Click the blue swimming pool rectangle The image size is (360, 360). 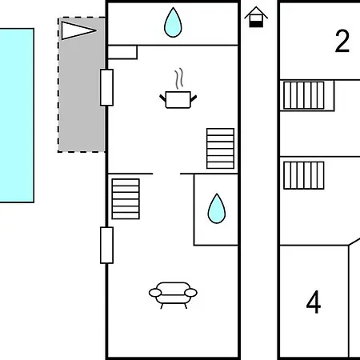[17, 115]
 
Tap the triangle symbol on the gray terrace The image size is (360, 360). [78, 30]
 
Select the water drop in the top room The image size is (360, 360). [173, 22]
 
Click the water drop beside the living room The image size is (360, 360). [217, 209]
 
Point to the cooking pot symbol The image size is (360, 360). [178, 100]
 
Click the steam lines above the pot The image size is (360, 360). [179, 78]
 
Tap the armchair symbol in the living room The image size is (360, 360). [173, 295]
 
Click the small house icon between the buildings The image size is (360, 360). [256, 17]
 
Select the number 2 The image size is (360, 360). [342, 41]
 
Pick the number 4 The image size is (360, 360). [314, 302]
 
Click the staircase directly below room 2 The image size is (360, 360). [304, 95]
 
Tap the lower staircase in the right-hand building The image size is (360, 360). [304, 175]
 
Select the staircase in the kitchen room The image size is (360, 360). [220, 149]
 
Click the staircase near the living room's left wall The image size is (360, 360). [126, 199]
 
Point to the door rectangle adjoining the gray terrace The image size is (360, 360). [106, 87]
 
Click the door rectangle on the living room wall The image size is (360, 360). [106, 246]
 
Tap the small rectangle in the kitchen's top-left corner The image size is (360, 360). [122, 52]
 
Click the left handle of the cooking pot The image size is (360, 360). [162, 98]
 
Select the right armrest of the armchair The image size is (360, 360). [190, 293]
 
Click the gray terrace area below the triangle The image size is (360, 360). [82, 96]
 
